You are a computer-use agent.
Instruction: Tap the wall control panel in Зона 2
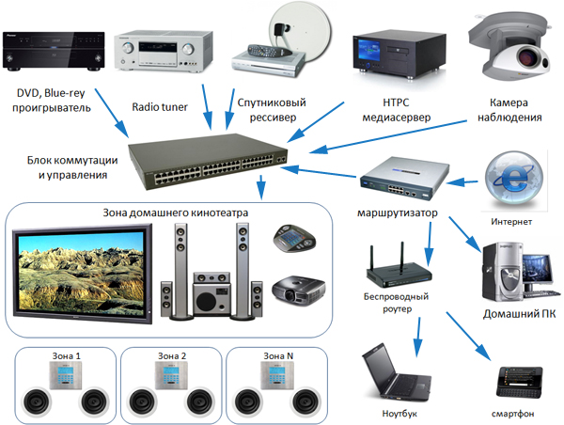point(173,376)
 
